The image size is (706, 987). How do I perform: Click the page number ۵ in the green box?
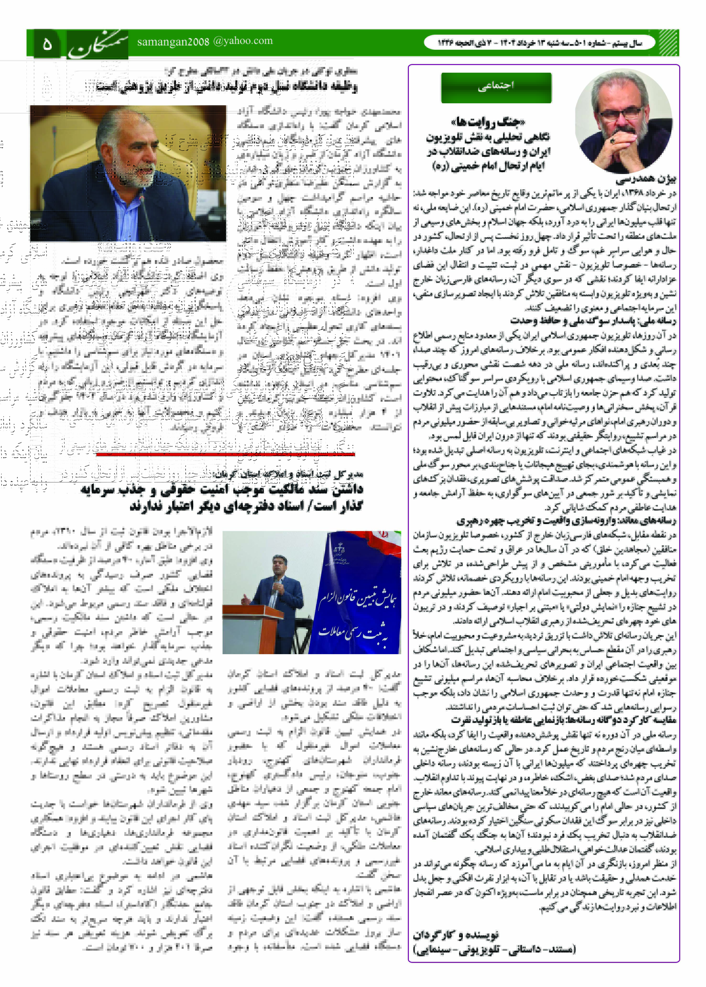coord(47,44)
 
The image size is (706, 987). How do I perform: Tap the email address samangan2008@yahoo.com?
coord(205,41)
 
